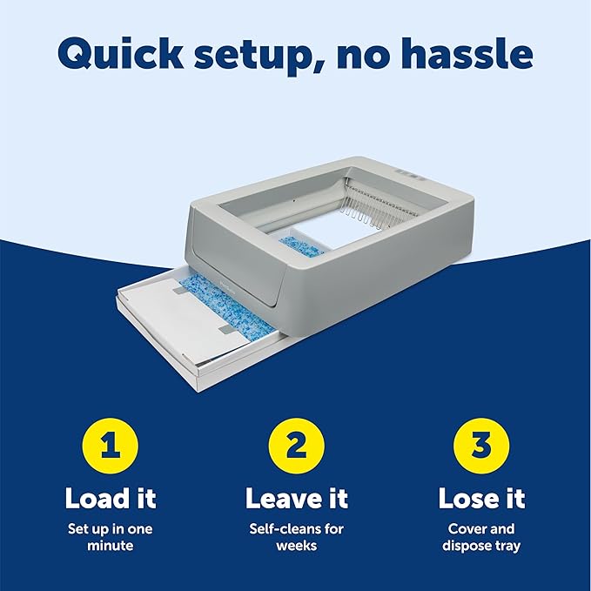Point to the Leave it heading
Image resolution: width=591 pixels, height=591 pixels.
296,499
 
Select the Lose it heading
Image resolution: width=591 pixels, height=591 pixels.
481,499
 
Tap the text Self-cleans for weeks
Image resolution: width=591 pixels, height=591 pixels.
296,537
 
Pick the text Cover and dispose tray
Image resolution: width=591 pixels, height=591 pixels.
481,537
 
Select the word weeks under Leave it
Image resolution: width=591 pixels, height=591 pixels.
296,546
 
